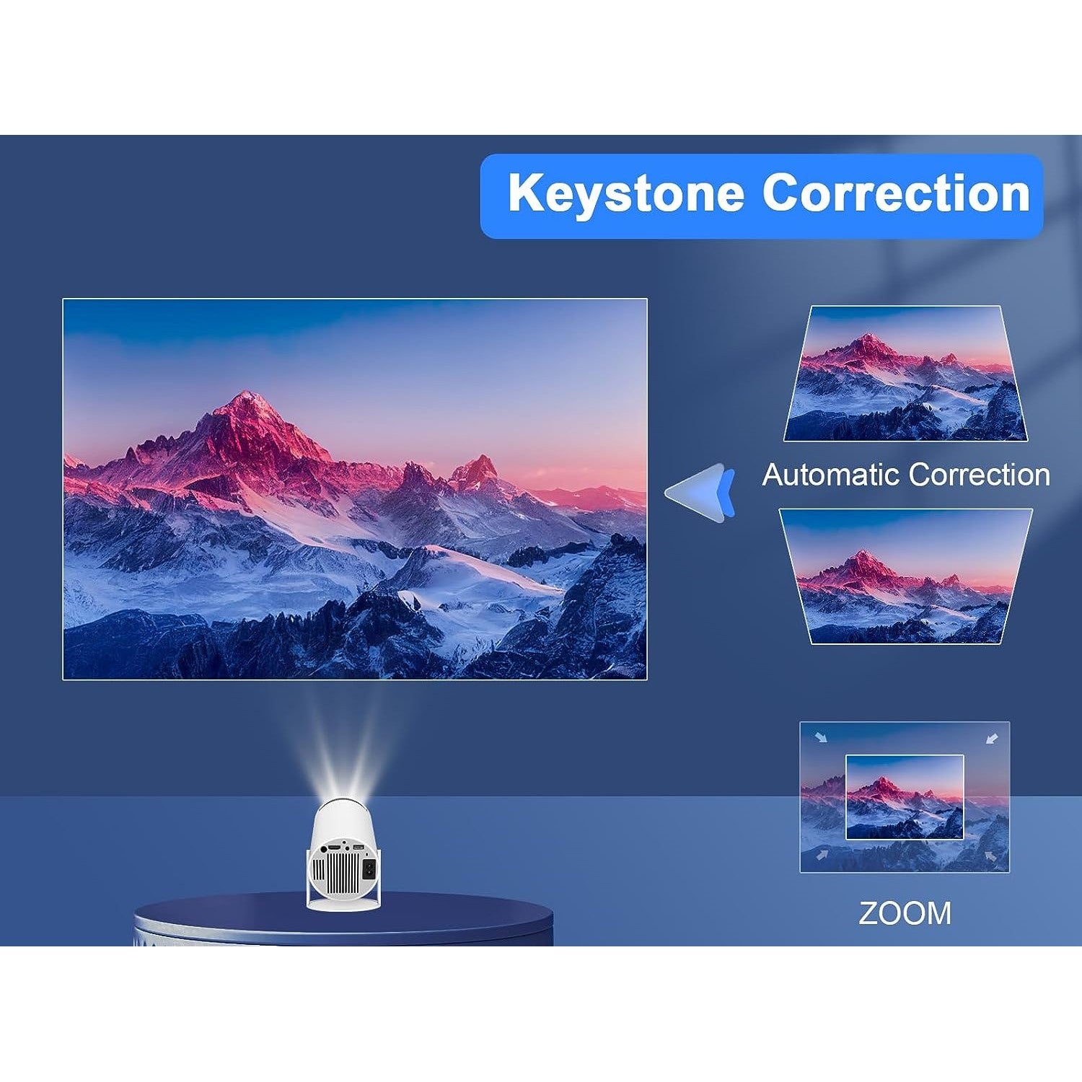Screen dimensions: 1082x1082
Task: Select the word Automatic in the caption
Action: pyautogui.click(x=831, y=475)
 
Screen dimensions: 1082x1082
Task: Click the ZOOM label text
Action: pyautogui.click(x=905, y=913)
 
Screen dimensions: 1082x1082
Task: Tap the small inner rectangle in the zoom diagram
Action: pyautogui.click(x=904, y=797)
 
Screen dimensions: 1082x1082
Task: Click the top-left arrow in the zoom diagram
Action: pyautogui.click(x=819, y=737)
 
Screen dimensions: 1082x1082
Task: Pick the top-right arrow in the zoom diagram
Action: pyautogui.click(x=992, y=738)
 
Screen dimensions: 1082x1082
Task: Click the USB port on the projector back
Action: pyautogui.click(x=359, y=847)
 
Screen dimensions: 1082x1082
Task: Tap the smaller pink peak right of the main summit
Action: pyautogui.click(x=478, y=461)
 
